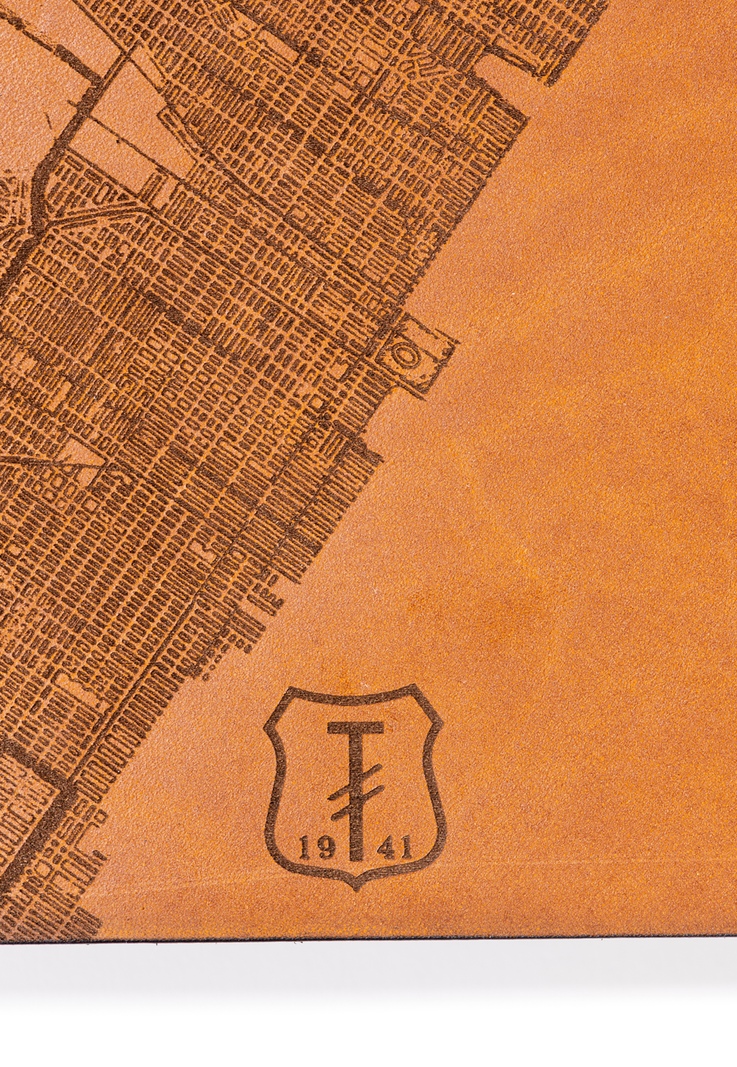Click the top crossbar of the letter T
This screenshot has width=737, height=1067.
point(355,727)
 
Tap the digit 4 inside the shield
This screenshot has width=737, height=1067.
point(385,847)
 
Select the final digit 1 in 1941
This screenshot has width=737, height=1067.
point(406,847)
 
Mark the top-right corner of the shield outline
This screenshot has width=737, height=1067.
point(419,690)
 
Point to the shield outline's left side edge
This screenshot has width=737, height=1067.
point(274,786)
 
